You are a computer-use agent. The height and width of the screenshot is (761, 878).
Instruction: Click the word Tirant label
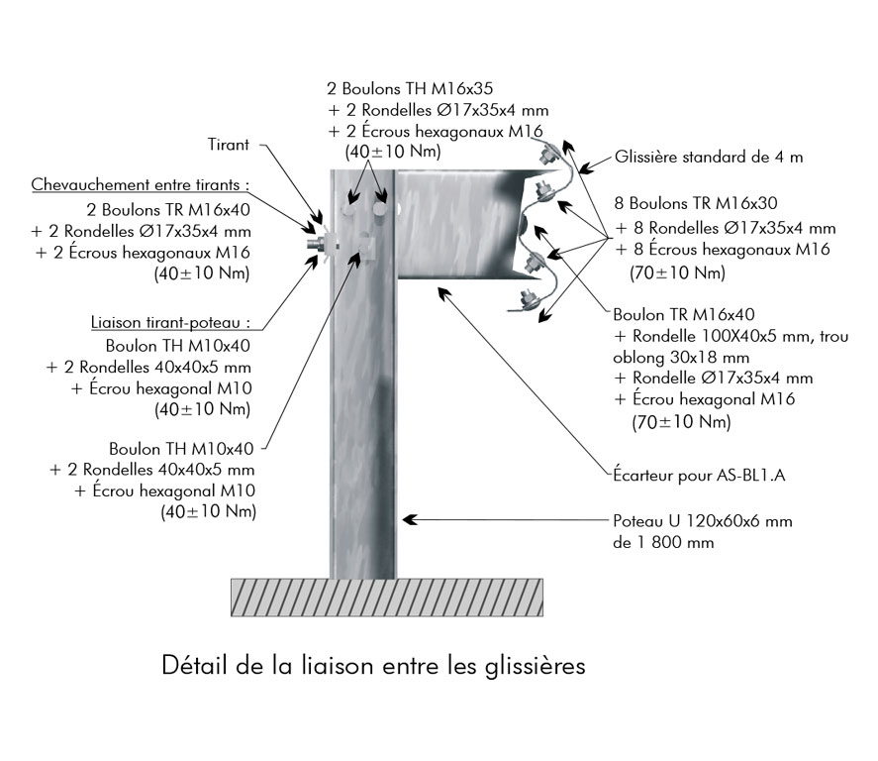[230, 145]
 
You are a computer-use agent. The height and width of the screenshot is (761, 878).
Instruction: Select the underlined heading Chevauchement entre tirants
[140, 185]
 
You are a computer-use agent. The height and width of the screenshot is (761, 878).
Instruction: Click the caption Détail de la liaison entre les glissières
[373, 665]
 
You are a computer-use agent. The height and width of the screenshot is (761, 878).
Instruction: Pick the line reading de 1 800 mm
[660, 542]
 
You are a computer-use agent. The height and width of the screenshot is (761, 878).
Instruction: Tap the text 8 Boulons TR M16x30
[695, 205]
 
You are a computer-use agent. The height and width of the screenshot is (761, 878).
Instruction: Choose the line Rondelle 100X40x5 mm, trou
[731, 337]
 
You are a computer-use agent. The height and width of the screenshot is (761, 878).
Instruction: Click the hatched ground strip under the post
[387, 597]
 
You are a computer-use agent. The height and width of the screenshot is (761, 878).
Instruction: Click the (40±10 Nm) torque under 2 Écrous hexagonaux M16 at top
[391, 153]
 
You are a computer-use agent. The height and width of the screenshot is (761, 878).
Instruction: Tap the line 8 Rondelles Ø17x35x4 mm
[726, 228]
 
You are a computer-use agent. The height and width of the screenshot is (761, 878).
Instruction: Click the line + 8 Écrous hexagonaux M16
[722, 249]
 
